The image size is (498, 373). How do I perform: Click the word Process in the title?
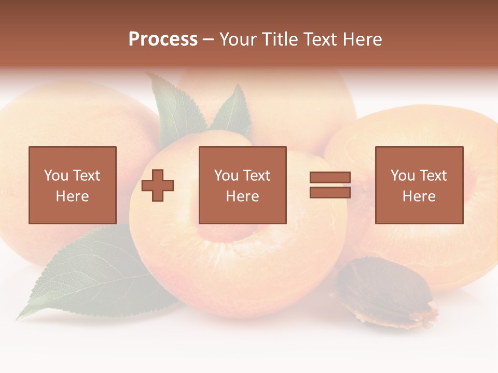tap(163, 39)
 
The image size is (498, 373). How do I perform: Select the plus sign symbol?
tap(158, 185)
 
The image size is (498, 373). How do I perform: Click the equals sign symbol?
tap(330, 185)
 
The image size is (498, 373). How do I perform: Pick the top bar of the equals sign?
tap(330, 177)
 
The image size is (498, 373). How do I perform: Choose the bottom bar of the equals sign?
tap(330, 193)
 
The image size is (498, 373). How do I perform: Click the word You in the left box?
tap(56, 176)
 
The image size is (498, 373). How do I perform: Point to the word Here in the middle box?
tap(242, 196)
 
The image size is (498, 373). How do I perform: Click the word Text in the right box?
tap(433, 176)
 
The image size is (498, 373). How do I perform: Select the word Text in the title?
tap(320, 39)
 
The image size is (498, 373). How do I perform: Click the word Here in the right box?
tap(419, 196)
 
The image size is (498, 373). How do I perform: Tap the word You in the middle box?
tap(226, 176)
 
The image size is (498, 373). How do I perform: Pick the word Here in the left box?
tap(72, 196)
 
